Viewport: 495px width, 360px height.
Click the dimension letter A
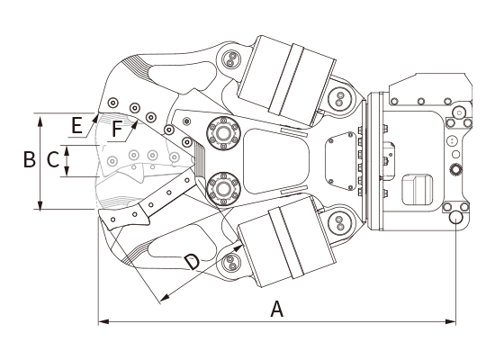click(277, 309)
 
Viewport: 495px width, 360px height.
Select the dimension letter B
click(30, 158)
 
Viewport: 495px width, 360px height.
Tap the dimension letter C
click(53, 159)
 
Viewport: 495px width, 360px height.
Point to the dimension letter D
click(193, 262)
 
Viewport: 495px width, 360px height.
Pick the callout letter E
click(77, 125)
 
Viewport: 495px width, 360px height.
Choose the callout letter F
click(117, 130)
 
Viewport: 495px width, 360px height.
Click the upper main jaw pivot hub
click(223, 133)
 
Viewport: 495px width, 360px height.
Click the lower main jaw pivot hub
click(223, 189)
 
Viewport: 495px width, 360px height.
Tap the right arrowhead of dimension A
click(451, 322)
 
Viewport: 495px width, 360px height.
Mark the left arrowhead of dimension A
click(103, 322)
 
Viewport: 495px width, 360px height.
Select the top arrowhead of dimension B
click(40, 121)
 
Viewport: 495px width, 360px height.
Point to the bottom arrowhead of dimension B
click(40, 203)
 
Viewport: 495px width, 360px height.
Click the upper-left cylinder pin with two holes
click(231, 59)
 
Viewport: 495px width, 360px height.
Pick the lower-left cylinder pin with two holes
click(231, 263)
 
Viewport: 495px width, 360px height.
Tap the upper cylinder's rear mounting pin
click(339, 98)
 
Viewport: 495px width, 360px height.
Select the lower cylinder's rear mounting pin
click(339, 223)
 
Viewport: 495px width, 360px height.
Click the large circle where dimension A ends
click(456, 218)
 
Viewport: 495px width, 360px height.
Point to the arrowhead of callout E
click(94, 119)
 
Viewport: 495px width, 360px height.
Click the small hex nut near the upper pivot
click(186, 121)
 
